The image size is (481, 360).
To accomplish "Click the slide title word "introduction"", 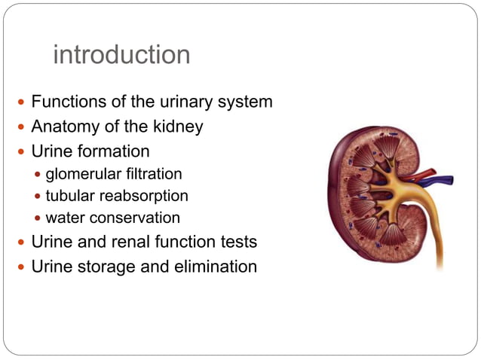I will tap(121, 55).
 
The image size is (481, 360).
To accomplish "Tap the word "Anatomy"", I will tap(63, 127).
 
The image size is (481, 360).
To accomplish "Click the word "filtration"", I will tap(154, 174).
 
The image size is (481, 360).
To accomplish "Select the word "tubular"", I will tap(70, 196).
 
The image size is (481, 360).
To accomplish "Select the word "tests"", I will tap(238, 243).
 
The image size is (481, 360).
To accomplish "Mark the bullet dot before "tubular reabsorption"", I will tap(38, 197).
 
